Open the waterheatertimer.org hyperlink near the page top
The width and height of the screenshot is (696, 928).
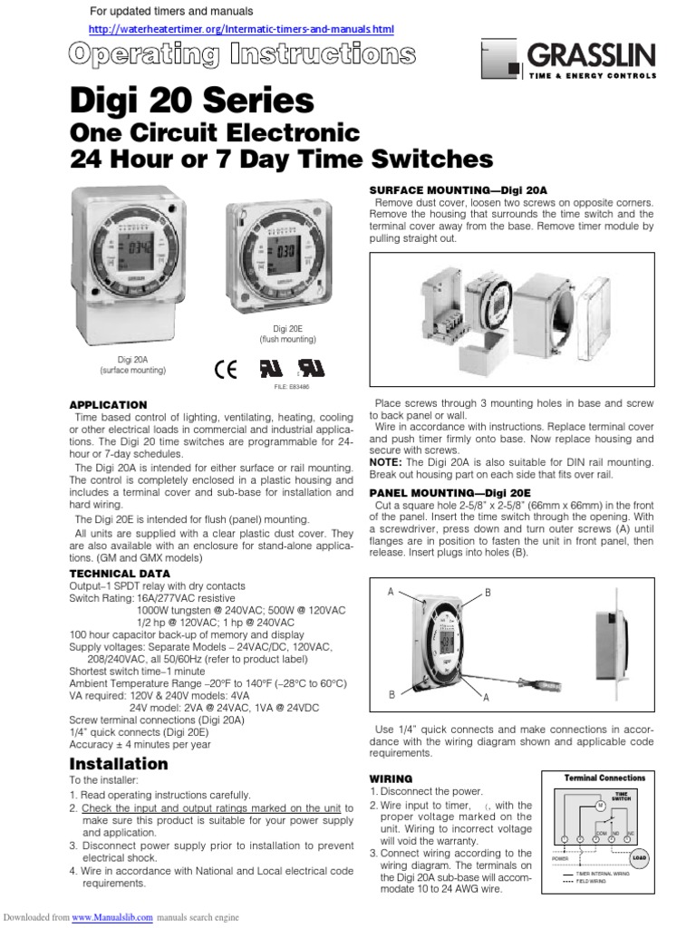(x=241, y=30)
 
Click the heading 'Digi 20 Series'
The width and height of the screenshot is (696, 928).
(x=192, y=101)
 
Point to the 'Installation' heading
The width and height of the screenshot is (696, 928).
(x=119, y=763)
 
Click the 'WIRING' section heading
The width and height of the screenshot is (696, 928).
(x=391, y=778)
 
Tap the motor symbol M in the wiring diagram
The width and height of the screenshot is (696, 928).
(x=599, y=805)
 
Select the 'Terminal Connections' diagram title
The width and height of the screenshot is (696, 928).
(x=605, y=778)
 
